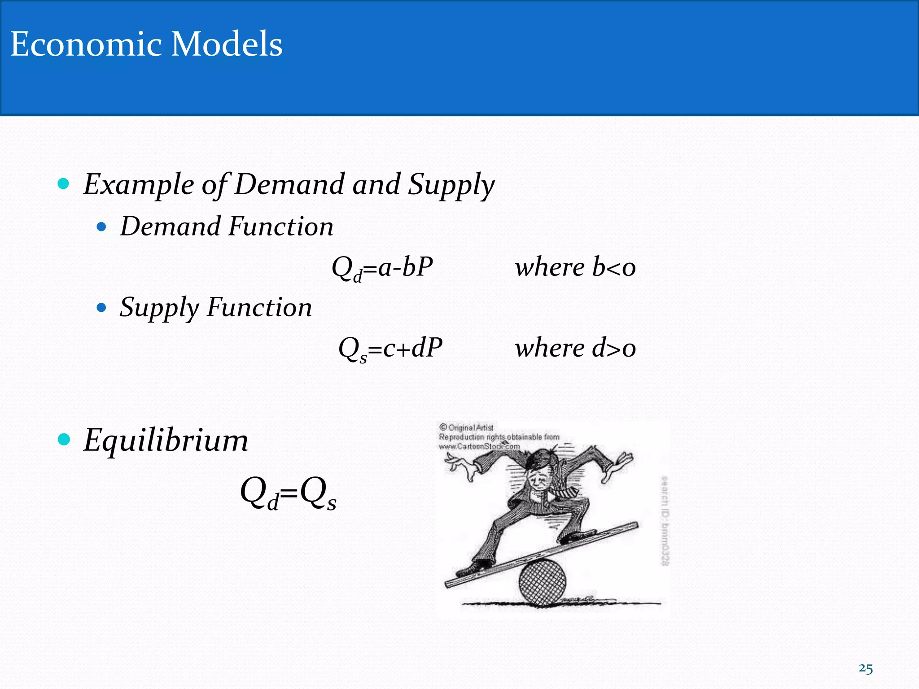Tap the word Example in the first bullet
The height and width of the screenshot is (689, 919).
(x=139, y=184)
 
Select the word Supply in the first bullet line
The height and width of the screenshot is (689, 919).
(x=451, y=184)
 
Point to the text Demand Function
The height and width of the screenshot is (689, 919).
(x=227, y=226)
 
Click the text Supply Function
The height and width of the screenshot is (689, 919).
(x=215, y=308)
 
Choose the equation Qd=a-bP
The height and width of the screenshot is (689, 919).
(x=382, y=268)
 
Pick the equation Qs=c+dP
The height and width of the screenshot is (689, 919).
(x=390, y=349)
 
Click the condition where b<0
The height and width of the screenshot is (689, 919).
(x=575, y=267)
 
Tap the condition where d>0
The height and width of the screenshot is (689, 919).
(x=575, y=348)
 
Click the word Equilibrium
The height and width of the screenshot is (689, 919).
(x=166, y=440)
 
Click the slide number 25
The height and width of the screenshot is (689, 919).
(x=866, y=669)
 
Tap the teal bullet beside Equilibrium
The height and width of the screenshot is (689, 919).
(x=64, y=439)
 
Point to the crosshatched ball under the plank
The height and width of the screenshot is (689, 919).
(x=542, y=582)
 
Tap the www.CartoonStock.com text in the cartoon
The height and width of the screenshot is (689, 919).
(x=479, y=446)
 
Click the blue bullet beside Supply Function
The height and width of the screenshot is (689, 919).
(x=101, y=308)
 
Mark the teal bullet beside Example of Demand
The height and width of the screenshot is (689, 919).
(x=64, y=183)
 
